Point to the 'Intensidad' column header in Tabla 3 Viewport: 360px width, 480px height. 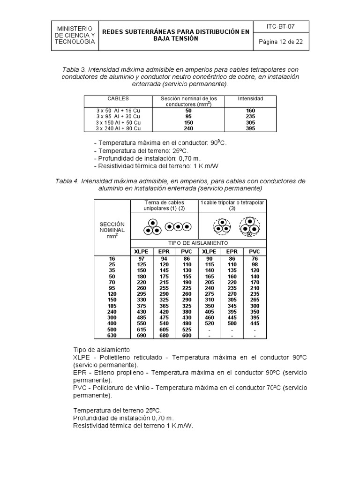(x=250, y=99)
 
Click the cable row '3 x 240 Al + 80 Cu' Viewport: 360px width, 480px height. (x=118, y=128)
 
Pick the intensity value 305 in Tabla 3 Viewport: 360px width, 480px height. (x=250, y=122)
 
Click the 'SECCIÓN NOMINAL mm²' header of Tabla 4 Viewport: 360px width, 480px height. (x=112, y=230)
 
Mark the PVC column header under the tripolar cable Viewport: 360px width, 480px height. (x=254, y=252)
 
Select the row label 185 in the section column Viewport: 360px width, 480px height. (x=112, y=306)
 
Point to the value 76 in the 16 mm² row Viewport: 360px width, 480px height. (x=254, y=258)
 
